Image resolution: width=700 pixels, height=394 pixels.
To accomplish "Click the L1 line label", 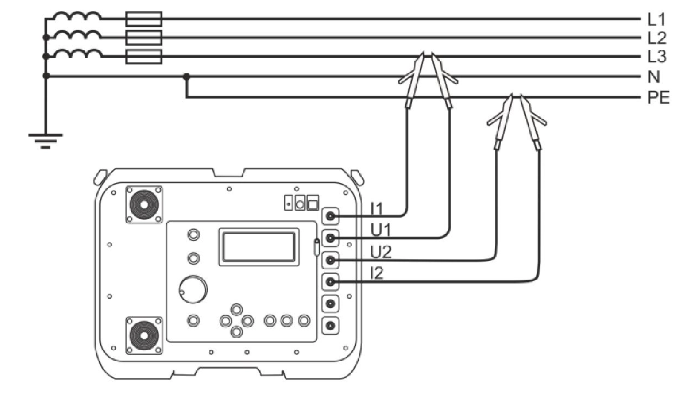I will [x=657, y=20].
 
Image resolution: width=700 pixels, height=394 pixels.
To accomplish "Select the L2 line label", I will [x=657, y=38].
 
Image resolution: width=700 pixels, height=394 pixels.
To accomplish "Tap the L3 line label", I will [x=657, y=57].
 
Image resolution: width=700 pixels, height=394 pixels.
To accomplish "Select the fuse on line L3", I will [x=144, y=56].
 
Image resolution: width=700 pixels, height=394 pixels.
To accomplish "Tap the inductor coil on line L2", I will [x=77, y=37].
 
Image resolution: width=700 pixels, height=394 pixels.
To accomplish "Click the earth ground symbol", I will [x=46, y=140].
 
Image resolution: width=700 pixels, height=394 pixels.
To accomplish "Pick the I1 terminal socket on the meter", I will [x=330, y=216].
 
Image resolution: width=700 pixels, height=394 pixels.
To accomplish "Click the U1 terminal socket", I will [x=330, y=238].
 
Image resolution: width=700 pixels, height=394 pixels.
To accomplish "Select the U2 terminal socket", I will [x=330, y=260].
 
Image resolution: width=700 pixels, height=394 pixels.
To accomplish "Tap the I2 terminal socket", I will [x=330, y=282].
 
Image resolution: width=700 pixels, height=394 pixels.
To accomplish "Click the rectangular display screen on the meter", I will [x=259, y=247].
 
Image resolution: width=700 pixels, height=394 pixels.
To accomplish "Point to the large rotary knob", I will [x=194, y=288].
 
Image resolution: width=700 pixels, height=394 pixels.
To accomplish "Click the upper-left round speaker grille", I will [x=144, y=205].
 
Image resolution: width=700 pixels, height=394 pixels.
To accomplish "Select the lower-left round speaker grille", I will [x=144, y=335].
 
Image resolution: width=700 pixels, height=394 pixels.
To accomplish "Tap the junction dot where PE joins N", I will [x=186, y=76].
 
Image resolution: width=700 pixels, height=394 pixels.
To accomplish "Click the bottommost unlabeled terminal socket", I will [x=330, y=326].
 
